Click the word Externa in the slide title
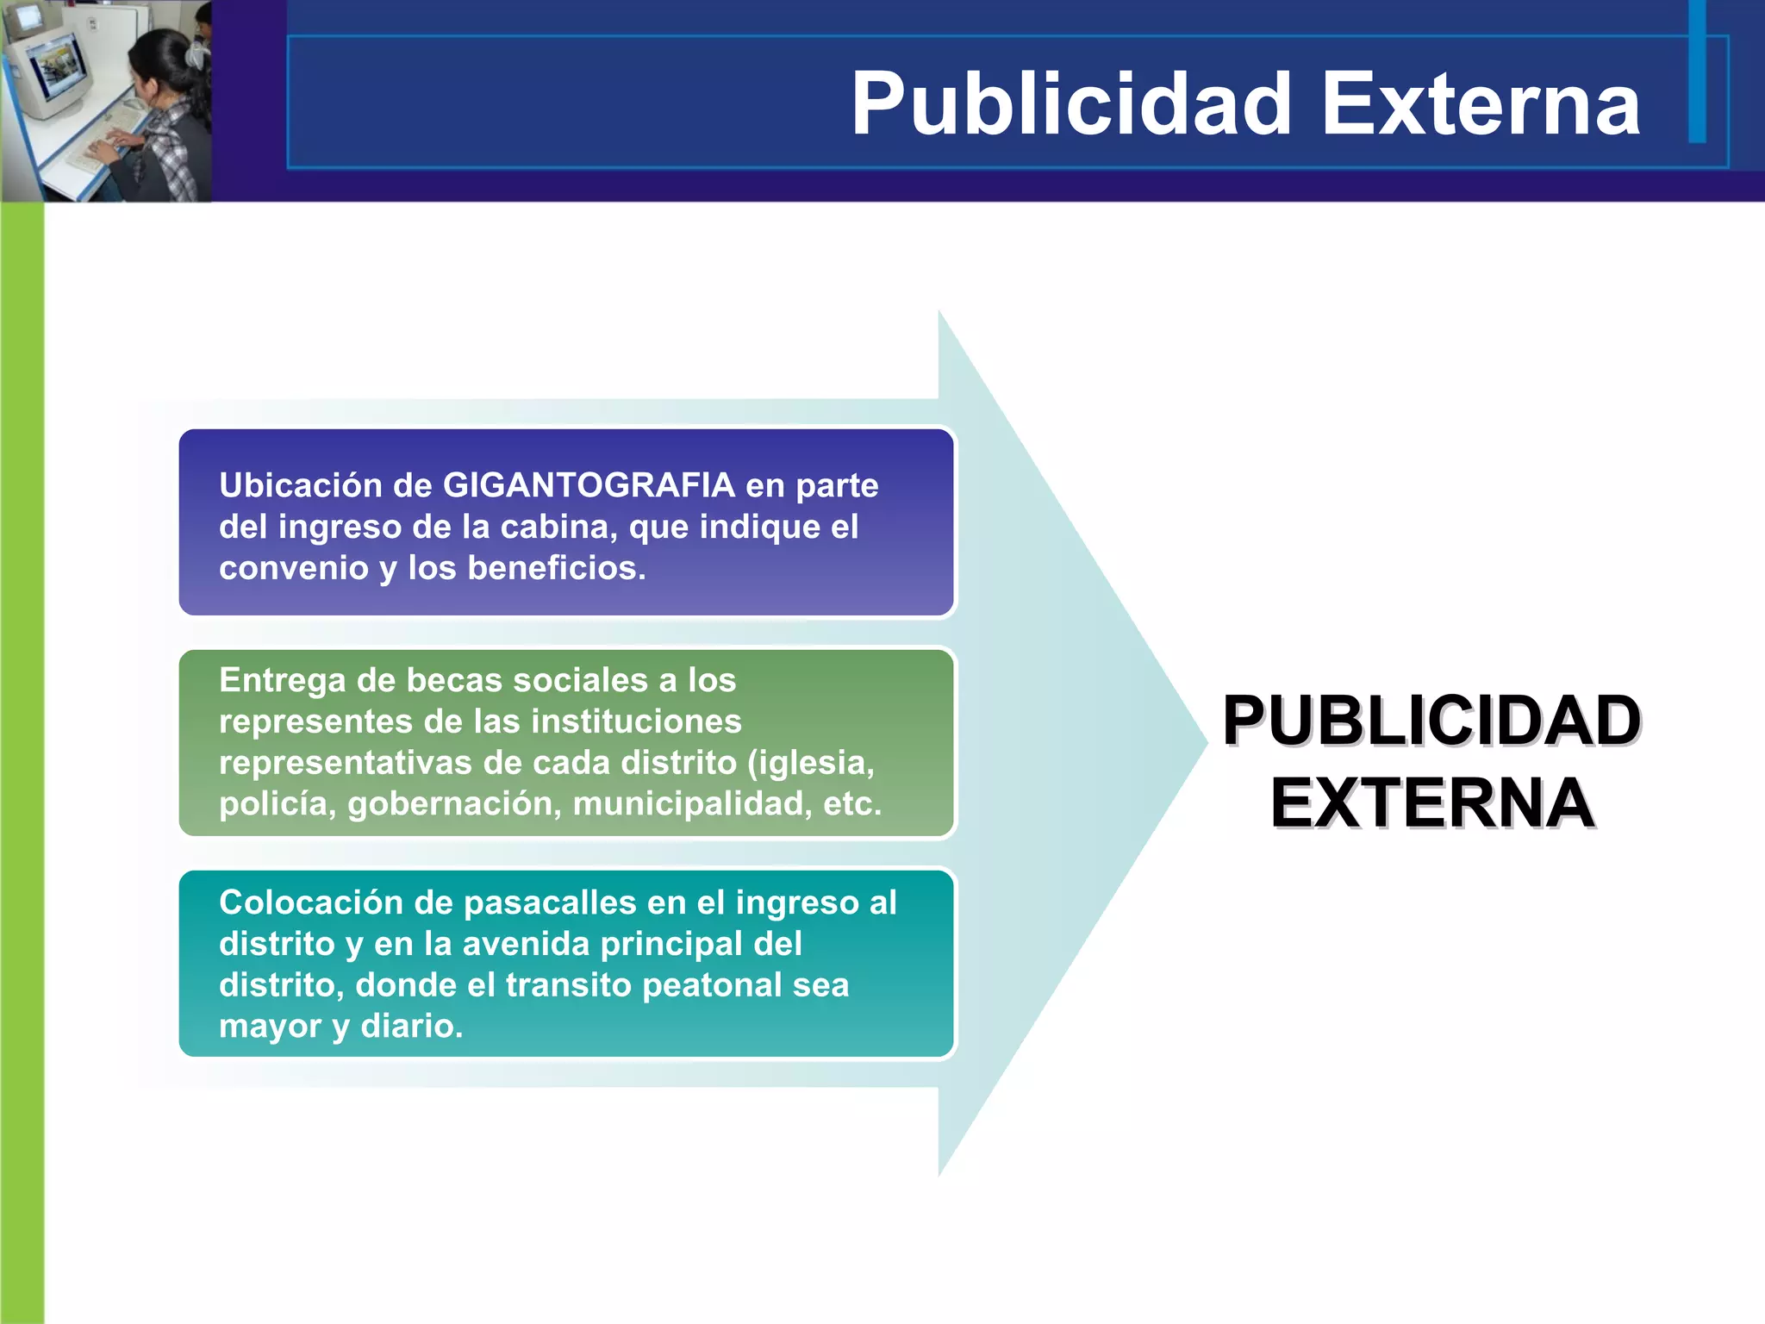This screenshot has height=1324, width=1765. [1480, 105]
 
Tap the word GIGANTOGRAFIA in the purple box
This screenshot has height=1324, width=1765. [589, 485]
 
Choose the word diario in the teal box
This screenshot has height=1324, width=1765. [411, 1026]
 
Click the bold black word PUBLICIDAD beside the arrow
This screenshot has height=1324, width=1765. [1431, 721]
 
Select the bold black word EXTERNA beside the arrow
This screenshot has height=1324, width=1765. [1431, 803]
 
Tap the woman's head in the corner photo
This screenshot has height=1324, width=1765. [164, 65]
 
